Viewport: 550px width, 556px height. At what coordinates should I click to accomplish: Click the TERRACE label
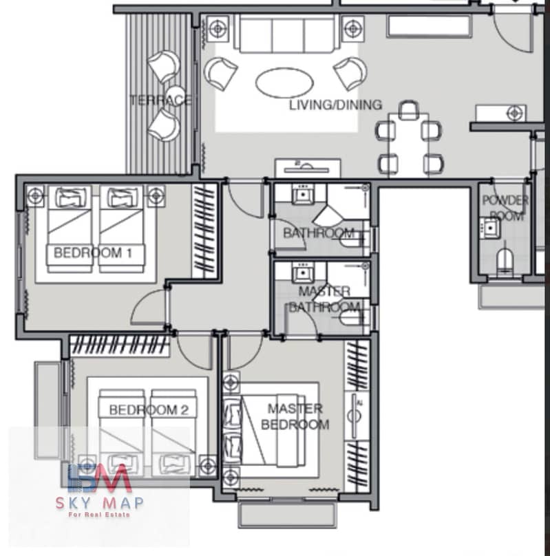[x=160, y=100]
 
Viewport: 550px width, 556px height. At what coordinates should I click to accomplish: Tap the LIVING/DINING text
[x=335, y=105]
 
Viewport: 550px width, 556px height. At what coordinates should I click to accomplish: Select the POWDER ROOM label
[x=505, y=207]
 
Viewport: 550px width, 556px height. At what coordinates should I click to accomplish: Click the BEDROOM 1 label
[x=92, y=253]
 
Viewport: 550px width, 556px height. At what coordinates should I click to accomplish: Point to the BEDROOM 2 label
[x=149, y=410]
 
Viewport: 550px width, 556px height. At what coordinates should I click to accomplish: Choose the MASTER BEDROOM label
[x=295, y=416]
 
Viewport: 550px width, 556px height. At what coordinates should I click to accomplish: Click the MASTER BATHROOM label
[x=324, y=299]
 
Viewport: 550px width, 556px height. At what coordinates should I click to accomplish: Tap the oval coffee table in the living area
[x=284, y=83]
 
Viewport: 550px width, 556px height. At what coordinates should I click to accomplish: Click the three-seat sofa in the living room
[x=286, y=34]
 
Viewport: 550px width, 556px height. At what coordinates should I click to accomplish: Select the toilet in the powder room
[x=505, y=261]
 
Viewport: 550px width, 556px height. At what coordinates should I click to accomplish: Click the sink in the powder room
[x=489, y=228]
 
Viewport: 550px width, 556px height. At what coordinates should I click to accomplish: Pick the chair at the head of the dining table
[x=408, y=110]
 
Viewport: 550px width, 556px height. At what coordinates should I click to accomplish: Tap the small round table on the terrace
[x=176, y=95]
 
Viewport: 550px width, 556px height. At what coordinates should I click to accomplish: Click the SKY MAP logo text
[x=100, y=502]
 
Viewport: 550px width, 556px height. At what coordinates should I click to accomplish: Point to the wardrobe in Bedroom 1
[x=204, y=231]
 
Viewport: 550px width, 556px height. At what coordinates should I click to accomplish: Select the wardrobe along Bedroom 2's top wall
[x=120, y=345]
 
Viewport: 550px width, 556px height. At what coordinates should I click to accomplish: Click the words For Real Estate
[x=99, y=515]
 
